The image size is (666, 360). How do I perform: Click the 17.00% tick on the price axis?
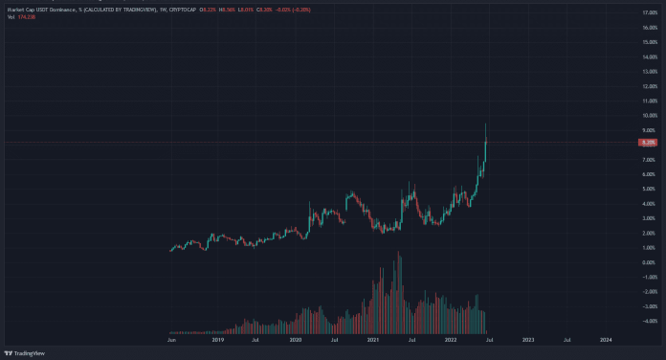point(649,13)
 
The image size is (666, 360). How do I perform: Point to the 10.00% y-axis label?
point(649,116)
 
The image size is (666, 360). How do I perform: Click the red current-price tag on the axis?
point(649,143)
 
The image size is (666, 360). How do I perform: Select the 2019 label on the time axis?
point(218,339)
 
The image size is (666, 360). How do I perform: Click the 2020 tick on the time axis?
point(296,339)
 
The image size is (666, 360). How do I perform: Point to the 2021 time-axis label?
point(373,339)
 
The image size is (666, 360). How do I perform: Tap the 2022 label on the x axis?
point(451,339)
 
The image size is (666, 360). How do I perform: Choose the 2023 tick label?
point(528,339)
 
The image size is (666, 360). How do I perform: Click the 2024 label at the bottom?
point(606,339)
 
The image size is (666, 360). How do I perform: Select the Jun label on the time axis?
point(172,339)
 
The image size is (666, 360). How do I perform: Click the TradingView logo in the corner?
point(26,352)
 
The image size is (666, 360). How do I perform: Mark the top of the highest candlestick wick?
point(486,124)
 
